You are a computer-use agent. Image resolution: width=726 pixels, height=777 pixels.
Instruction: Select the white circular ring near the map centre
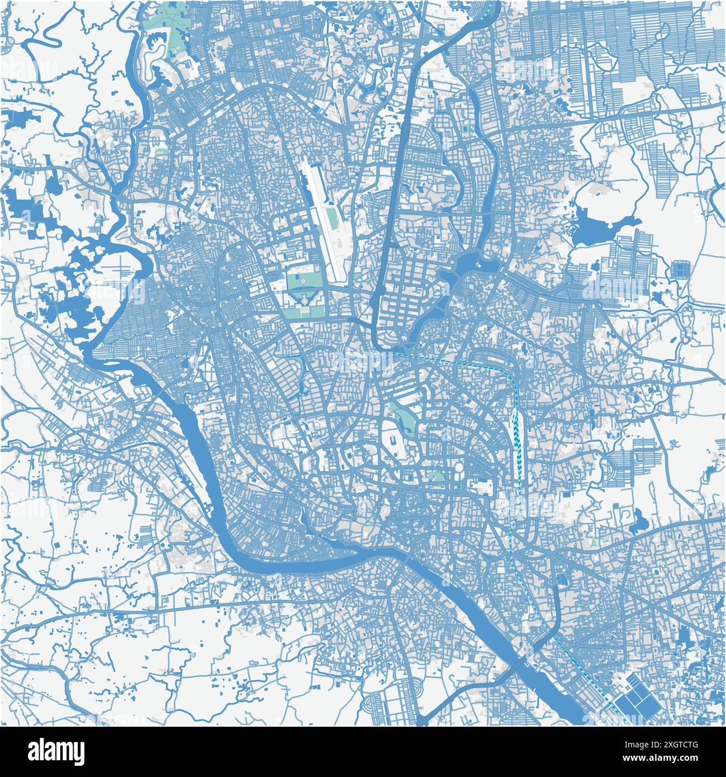(458, 466)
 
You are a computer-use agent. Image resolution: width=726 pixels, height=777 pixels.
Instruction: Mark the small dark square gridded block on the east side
(680, 269)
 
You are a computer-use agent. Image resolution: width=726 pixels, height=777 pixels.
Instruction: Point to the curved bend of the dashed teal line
(506, 371)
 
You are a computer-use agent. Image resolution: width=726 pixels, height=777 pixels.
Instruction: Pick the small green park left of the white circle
(436, 476)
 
